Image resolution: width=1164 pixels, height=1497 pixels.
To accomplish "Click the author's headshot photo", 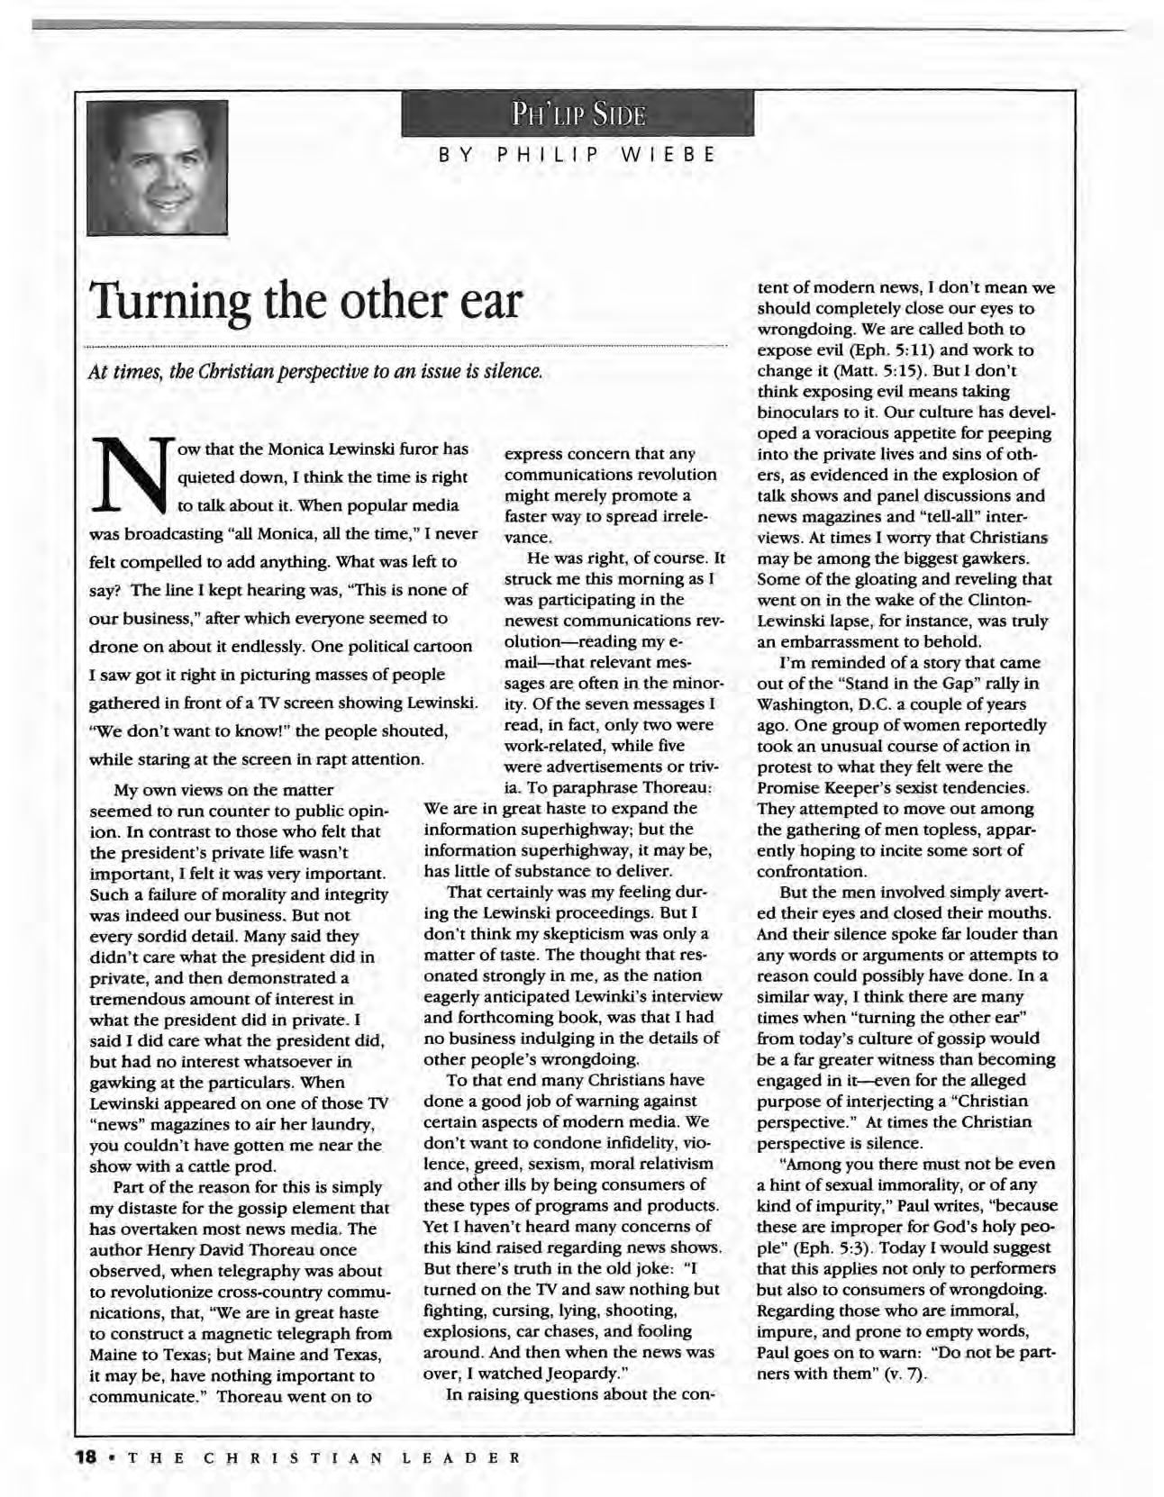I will point(158,167).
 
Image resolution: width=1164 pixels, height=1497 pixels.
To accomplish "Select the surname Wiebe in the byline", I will point(666,154).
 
